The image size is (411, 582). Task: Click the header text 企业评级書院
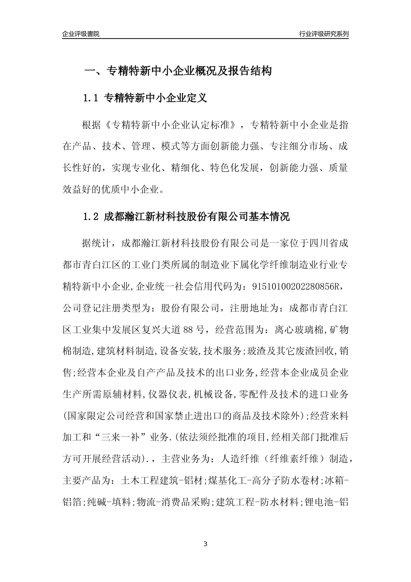tap(80, 34)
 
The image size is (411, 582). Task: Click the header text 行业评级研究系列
tap(324, 34)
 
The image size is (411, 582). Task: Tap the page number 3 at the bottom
tap(205, 543)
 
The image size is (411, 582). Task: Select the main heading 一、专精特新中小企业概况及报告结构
tap(177, 71)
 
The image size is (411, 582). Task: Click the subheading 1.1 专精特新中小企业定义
tap(145, 98)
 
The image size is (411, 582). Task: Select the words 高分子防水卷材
tap(286, 481)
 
